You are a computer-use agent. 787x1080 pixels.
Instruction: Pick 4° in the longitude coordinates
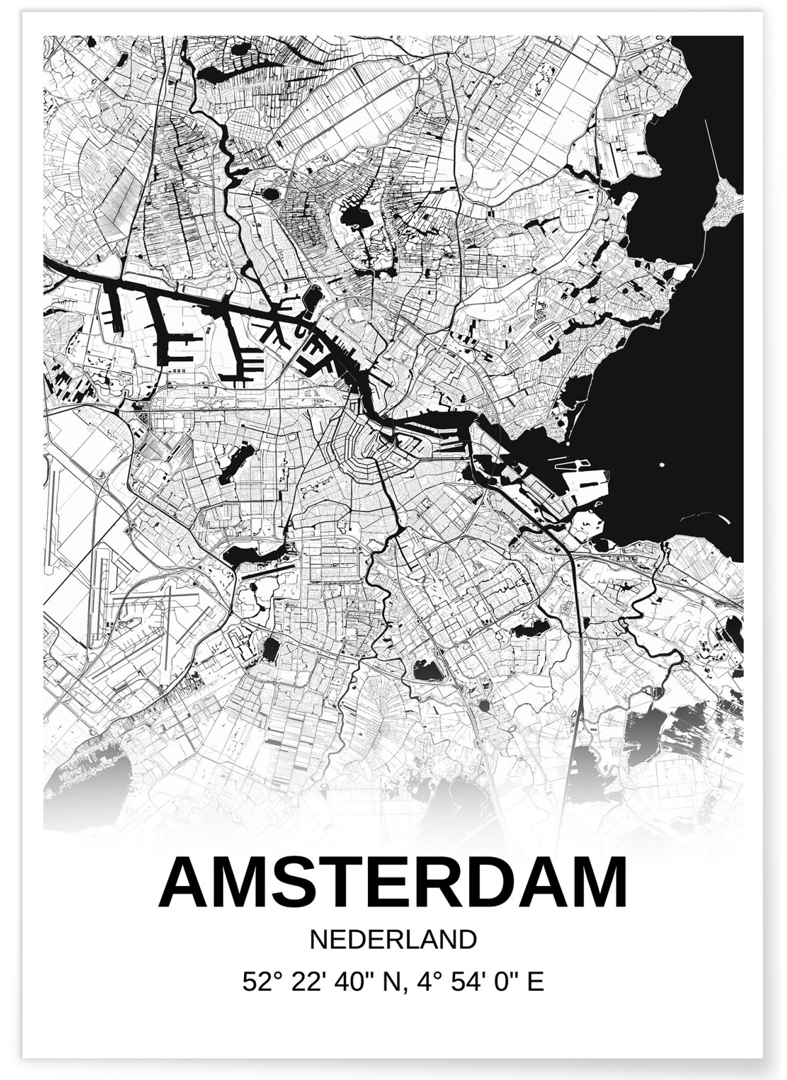point(420,982)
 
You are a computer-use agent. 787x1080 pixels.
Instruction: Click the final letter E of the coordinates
point(536,982)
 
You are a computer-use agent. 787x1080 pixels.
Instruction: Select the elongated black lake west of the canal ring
point(236,462)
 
